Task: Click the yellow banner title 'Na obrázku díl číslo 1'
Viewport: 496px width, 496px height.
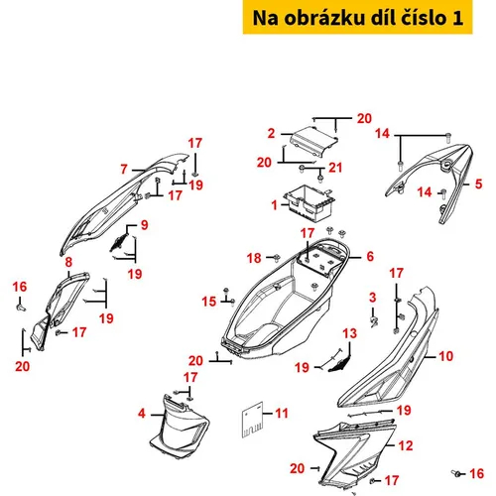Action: pyautogui.click(x=357, y=18)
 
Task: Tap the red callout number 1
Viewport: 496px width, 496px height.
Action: pyautogui.click(x=274, y=205)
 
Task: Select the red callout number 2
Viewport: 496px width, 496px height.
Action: pyautogui.click(x=271, y=133)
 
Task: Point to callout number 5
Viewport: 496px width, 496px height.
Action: pyautogui.click(x=478, y=184)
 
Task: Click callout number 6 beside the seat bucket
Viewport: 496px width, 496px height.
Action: pyautogui.click(x=370, y=256)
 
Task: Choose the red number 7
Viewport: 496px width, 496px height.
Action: pyautogui.click(x=124, y=169)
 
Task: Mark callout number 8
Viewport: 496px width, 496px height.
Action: pyautogui.click(x=68, y=262)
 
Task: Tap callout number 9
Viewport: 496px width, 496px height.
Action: pyautogui.click(x=145, y=225)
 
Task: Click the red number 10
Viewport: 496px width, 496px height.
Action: pyautogui.click(x=445, y=356)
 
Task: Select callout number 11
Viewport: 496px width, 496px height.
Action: pyautogui.click(x=282, y=413)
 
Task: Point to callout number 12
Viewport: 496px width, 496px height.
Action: pyautogui.click(x=406, y=445)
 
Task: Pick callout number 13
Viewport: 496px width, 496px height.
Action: pyautogui.click(x=350, y=333)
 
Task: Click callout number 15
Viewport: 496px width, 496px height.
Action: pyautogui.click(x=209, y=302)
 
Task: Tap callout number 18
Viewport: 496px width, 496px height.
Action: pyautogui.click(x=254, y=258)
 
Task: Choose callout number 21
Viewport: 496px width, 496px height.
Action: pyautogui.click(x=335, y=168)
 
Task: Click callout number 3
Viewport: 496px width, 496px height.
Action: pyautogui.click(x=373, y=297)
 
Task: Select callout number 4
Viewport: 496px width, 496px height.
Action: pyautogui.click(x=142, y=413)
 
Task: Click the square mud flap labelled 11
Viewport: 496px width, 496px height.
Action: pyautogui.click(x=252, y=420)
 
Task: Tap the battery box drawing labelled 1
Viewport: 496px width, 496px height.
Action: pyautogui.click(x=310, y=202)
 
